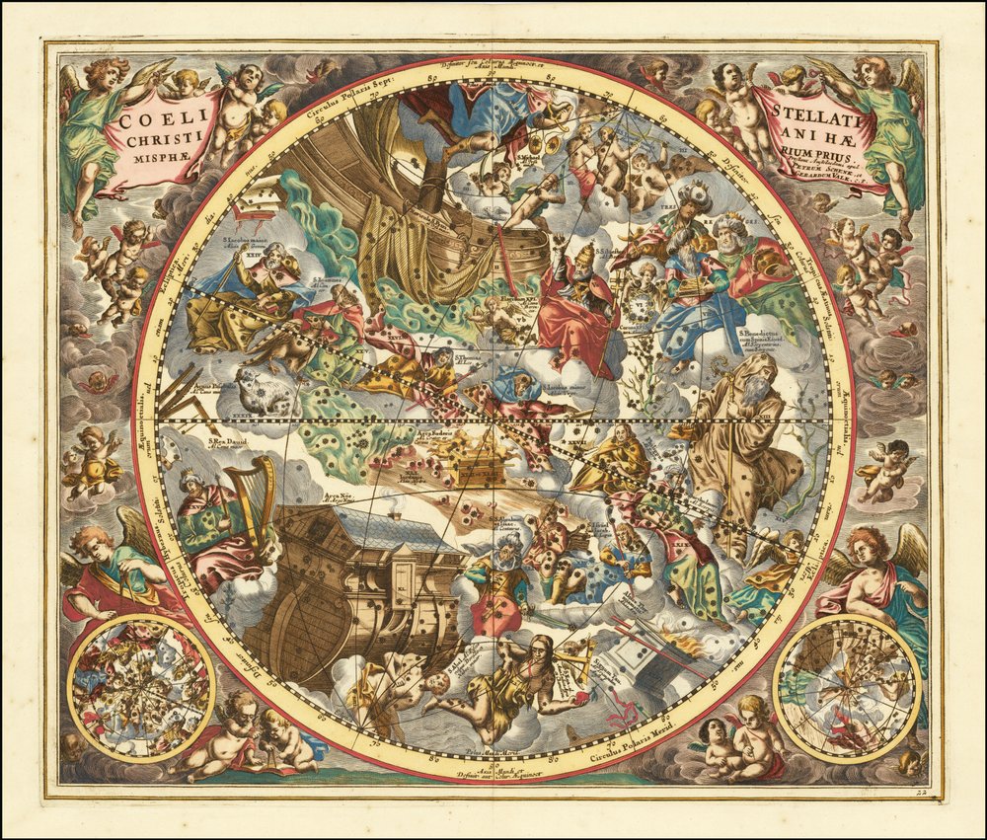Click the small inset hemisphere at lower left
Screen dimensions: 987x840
point(141,688)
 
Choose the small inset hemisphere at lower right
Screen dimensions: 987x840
point(846,688)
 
